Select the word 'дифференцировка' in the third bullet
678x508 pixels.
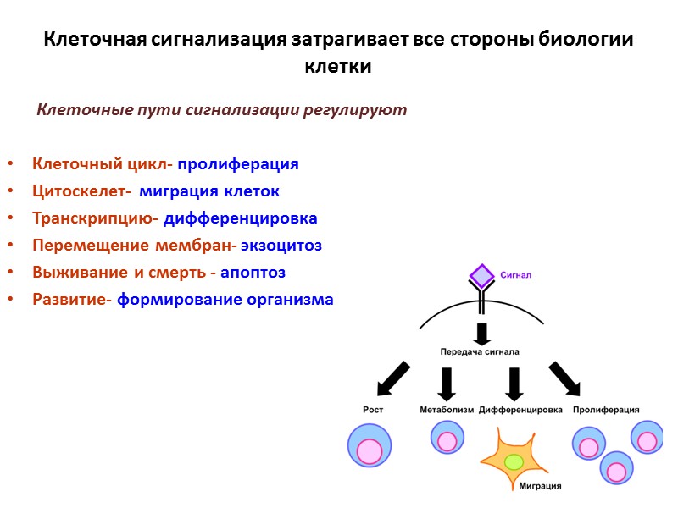(x=241, y=218)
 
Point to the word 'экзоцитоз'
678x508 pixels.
(x=281, y=246)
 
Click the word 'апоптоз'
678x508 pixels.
(x=253, y=273)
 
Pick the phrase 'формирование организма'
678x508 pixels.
(x=225, y=300)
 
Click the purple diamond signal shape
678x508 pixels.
(x=481, y=276)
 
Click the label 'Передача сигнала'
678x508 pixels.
(x=480, y=351)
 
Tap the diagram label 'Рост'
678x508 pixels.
(x=373, y=410)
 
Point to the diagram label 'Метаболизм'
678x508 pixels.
(x=447, y=410)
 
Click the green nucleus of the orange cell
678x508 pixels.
(x=514, y=461)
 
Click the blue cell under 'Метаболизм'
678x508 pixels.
(x=447, y=439)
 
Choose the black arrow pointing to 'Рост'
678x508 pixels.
(x=392, y=378)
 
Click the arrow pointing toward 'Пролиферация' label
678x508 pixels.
(x=565, y=378)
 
